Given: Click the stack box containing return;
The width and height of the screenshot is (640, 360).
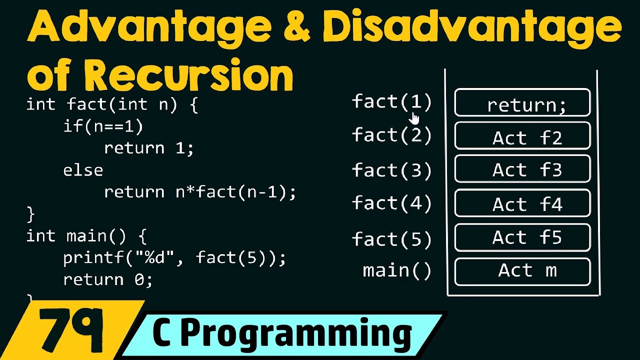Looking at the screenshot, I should [x=522, y=103].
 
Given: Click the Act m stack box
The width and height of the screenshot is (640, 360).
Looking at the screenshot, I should [x=522, y=271].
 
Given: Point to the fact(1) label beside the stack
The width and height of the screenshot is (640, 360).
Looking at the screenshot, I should [x=391, y=102].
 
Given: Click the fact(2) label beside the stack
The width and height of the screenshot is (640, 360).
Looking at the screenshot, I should [x=391, y=135].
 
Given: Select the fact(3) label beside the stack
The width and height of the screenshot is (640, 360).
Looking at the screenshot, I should [x=391, y=170].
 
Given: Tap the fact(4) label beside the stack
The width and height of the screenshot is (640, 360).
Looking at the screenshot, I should [x=391, y=203].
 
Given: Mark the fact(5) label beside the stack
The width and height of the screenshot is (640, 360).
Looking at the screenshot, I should [x=391, y=239].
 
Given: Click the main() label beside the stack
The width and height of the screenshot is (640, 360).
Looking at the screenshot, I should [x=396, y=271].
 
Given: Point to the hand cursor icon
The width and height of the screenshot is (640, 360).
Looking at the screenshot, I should [x=415, y=118].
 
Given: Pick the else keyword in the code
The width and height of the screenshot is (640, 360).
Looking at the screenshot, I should [x=83, y=170].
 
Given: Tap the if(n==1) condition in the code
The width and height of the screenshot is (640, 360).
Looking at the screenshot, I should [x=103, y=126].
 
